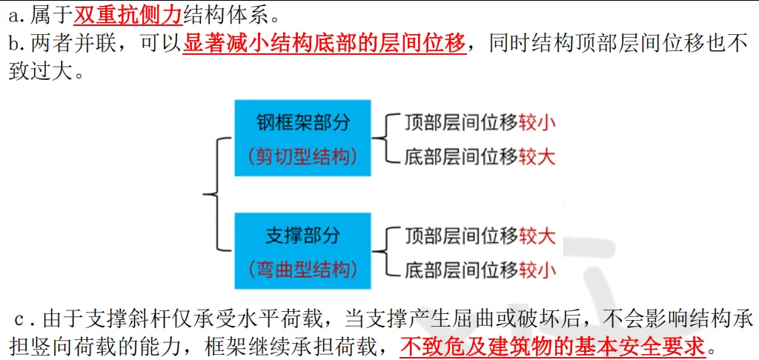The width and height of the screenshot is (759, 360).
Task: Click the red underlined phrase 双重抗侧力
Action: click(127, 14)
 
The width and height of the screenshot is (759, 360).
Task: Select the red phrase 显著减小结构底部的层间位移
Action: click(325, 44)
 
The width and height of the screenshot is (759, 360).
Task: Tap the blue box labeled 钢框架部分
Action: click(302, 137)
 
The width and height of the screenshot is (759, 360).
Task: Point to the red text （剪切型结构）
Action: click(302, 156)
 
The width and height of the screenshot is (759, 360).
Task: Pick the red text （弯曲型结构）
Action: click(302, 270)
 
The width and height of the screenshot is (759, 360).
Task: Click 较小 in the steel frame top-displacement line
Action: click(537, 122)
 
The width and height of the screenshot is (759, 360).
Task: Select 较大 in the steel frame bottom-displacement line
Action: click(537, 156)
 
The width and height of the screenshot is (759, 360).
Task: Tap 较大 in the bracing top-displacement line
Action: click(537, 236)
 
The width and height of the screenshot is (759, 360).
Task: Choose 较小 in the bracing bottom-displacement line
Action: click(537, 270)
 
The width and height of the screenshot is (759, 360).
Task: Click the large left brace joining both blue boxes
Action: click(213, 195)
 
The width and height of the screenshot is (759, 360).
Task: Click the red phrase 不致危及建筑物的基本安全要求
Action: click(553, 346)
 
